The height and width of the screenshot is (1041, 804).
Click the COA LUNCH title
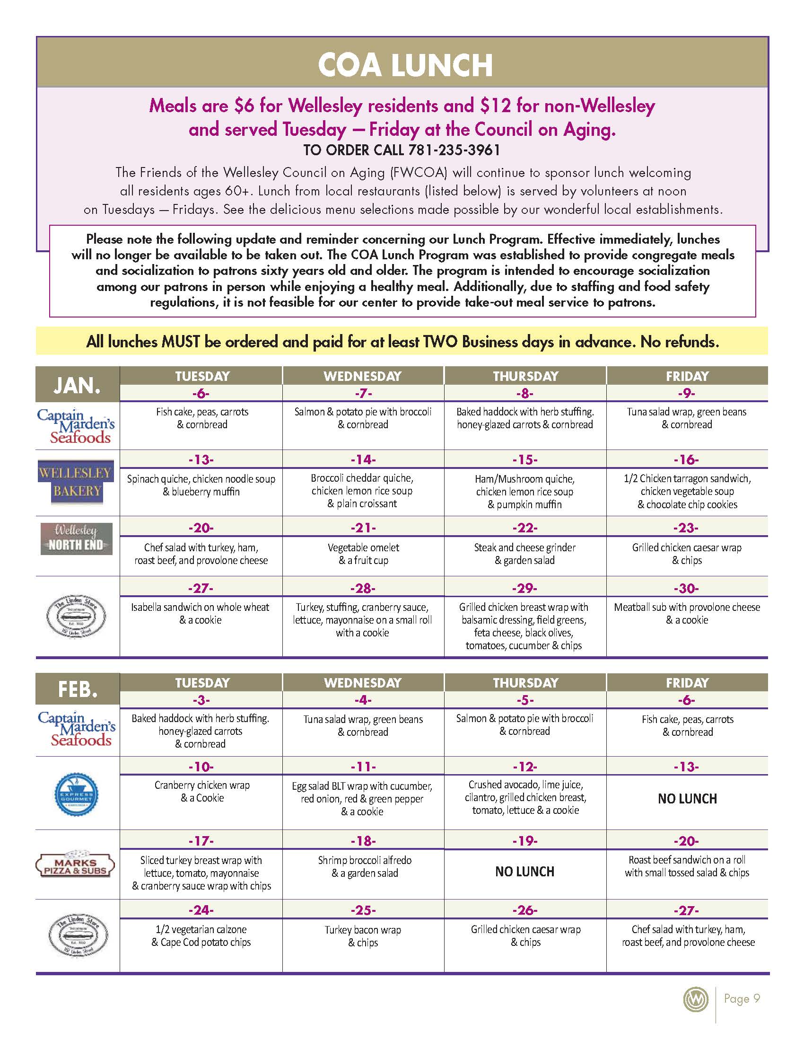click(405, 65)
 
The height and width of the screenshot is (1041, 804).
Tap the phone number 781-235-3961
click(453, 150)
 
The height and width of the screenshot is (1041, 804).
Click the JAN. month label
click(77, 385)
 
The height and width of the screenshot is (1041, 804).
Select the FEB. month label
click(77, 689)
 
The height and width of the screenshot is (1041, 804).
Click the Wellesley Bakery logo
click(76, 481)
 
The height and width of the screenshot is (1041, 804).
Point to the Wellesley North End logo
click(76, 538)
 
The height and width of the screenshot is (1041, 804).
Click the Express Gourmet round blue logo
click(76, 794)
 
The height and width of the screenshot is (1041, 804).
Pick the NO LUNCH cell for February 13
click(687, 799)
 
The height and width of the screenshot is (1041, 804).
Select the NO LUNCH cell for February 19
click(524, 872)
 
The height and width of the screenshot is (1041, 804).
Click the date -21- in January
click(363, 528)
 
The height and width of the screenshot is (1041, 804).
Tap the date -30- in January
click(686, 588)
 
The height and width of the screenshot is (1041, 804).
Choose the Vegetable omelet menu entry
click(363, 554)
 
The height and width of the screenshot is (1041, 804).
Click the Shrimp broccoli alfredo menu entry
click(364, 866)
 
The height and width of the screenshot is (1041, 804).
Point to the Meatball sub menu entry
click(687, 613)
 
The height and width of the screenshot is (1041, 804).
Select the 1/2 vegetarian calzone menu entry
click(201, 935)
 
